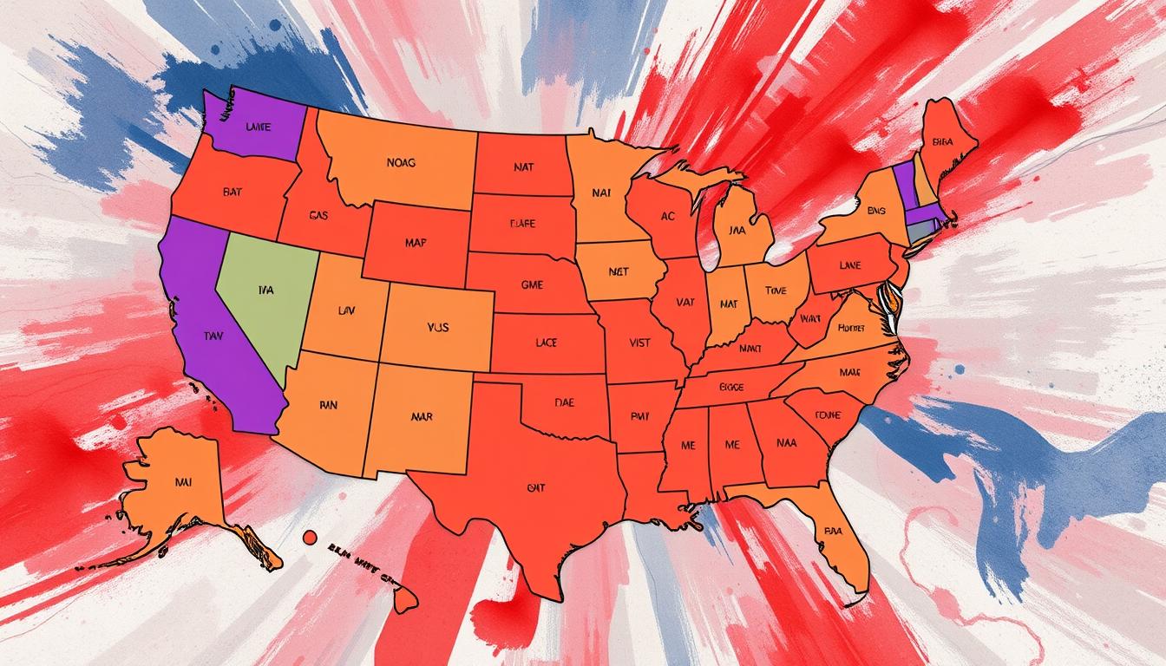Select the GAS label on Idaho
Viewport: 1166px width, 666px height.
point(318,216)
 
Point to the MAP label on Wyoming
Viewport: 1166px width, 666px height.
point(415,244)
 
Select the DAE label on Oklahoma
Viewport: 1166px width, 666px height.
point(565,403)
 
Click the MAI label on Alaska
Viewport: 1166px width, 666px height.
point(183,480)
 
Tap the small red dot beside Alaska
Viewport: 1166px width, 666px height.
point(308,538)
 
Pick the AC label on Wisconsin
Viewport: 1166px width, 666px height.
point(667,217)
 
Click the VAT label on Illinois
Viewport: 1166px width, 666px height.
point(685,303)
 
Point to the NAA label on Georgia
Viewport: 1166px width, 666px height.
point(788,442)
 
